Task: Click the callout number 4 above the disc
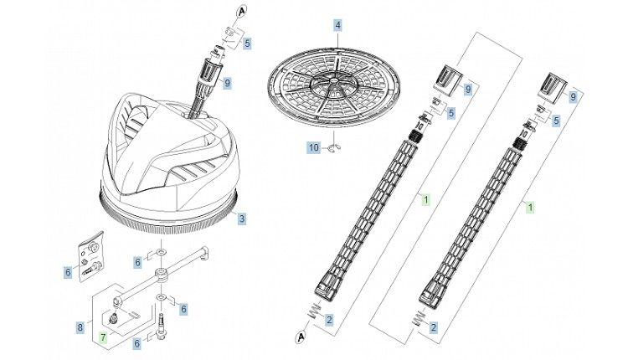coord(338,26)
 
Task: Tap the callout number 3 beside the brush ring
coord(241,219)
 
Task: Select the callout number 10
coord(314,147)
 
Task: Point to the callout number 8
coord(80,327)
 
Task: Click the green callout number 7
coord(103,337)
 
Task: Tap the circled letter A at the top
coord(241,12)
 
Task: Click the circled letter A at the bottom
coord(301,337)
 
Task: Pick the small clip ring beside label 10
coord(333,148)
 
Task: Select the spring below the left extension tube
coord(317,311)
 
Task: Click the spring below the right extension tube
coord(420,318)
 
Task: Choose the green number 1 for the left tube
coord(425,199)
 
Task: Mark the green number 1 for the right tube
coord(530,208)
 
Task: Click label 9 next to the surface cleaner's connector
coord(227,83)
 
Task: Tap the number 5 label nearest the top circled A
coord(247,44)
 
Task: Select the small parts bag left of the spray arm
coord(91,256)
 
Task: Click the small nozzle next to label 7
coord(111,320)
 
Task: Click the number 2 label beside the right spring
coord(434,327)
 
